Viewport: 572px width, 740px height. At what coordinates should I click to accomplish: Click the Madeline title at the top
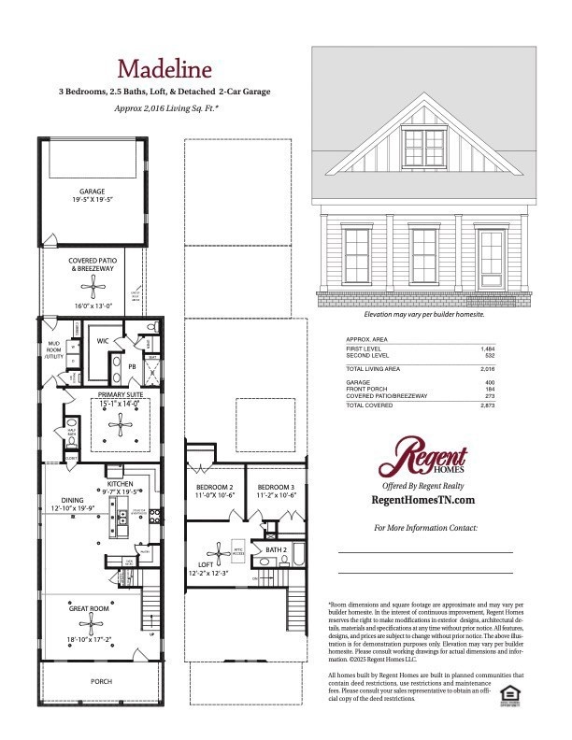point(164,68)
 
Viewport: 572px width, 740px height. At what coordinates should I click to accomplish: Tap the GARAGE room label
point(92,192)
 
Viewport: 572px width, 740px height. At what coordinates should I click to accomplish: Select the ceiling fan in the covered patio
point(91,289)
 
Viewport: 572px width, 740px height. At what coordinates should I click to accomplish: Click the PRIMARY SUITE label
point(119,395)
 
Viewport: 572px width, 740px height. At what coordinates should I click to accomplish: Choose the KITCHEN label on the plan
point(120,483)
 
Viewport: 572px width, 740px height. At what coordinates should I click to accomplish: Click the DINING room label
point(72,501)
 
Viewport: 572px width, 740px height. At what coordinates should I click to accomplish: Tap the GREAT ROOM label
point(91,608)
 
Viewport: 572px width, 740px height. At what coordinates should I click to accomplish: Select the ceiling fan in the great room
point(91,624)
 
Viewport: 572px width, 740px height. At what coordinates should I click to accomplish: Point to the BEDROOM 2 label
point(214,488)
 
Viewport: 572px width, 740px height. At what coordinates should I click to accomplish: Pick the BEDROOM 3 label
point(276,488)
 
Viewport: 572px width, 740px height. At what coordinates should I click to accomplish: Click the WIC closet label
point(104,342)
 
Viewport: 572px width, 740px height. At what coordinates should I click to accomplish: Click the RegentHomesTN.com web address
point(423,500)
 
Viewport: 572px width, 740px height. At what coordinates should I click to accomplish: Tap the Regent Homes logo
point(423,460)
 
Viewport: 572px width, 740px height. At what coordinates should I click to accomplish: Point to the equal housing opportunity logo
point(510,693)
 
